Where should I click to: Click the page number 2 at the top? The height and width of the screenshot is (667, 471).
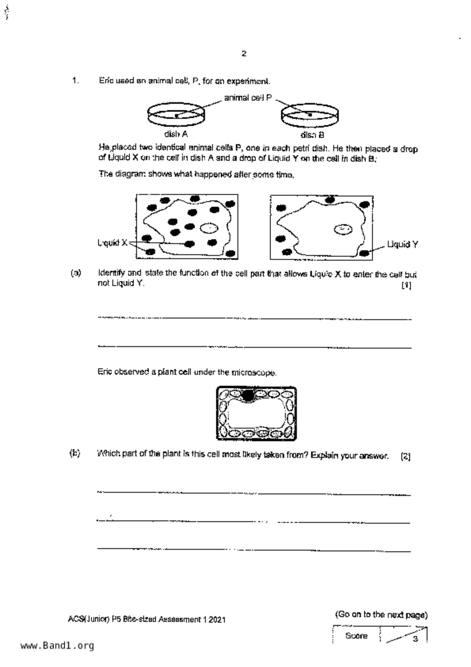tap(244, 54)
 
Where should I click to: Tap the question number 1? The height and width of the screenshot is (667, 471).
tap(75, 81)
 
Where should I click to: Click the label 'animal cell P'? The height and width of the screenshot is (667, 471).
tap(248, 98)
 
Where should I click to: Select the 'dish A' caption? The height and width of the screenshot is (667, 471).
tap(176, 134)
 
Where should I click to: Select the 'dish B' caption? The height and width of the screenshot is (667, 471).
tap(312, 135)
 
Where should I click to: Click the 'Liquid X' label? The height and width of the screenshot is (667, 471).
tap(113, 243)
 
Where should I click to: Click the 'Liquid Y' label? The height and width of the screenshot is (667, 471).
tap(403, 245)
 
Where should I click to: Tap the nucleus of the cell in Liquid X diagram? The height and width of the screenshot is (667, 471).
tap(209, 228)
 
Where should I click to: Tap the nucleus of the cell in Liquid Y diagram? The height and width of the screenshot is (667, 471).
tap(343, 229)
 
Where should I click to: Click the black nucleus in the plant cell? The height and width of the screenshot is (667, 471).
tap(248, 395)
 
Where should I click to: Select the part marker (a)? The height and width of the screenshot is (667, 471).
tap(76, 273)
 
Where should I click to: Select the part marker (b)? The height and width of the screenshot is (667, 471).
tap(75, 453)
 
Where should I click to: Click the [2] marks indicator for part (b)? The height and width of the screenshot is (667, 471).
tap(406, 456)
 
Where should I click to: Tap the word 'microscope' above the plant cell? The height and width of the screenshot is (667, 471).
tap(254, 373)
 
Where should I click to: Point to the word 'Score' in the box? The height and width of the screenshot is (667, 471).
tap(356, 636)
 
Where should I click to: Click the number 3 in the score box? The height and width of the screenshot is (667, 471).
tap(415, 639)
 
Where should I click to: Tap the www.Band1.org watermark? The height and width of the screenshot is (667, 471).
tap(57, 646)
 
